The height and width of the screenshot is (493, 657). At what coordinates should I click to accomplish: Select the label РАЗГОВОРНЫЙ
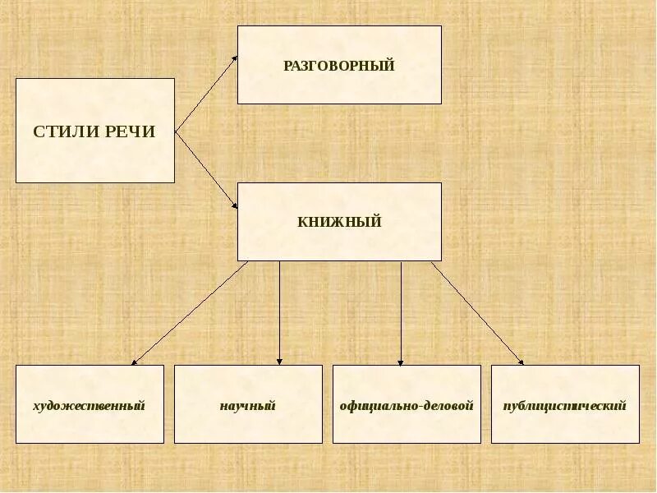(339, 66)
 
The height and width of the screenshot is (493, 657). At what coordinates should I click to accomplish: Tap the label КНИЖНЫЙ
(339, 222)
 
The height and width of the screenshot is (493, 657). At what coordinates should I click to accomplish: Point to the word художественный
(90, 405)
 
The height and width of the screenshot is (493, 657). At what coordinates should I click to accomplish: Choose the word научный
(247, 405)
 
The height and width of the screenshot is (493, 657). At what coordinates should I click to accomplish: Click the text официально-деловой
(407, 405)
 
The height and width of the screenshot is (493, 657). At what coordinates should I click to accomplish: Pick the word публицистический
(565, 405)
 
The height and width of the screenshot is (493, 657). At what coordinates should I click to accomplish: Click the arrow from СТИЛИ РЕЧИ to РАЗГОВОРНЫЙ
(205, 94)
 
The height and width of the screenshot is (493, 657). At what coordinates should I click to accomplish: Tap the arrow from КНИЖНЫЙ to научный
(279, 312)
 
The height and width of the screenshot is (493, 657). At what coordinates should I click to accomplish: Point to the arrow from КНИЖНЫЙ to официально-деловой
(401, 312)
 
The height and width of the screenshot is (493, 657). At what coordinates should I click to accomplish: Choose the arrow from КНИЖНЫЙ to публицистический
(476, 312)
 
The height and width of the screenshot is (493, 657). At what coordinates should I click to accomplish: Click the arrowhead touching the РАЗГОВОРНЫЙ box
(234, 58)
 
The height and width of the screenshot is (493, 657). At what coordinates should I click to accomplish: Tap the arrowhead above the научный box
(279, 361)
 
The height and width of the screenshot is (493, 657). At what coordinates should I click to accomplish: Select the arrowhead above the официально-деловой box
(401, 361)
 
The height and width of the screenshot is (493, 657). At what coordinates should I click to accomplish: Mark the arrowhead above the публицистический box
(520, 361)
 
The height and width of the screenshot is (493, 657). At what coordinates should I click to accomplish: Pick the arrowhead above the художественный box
(135, 361)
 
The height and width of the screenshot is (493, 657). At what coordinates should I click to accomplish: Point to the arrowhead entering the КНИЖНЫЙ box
(234, 205)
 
